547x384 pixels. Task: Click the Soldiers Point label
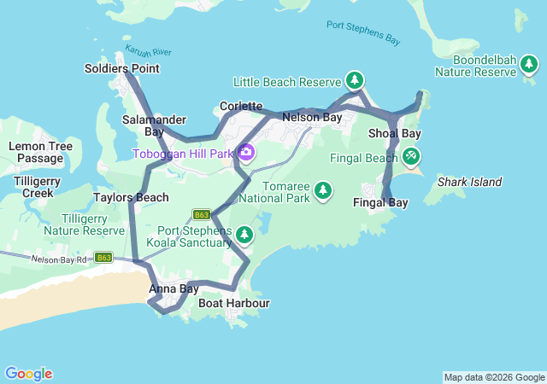[122, 68]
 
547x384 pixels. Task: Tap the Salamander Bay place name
[143, 125]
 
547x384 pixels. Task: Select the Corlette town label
[240, 106]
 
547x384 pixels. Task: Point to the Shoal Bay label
[394, 134]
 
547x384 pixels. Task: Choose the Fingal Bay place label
[380, 202]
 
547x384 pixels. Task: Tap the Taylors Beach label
[131, 197]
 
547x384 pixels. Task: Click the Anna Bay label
[174, 288]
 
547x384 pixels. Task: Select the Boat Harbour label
[233, 303]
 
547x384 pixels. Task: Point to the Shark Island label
[469, 182]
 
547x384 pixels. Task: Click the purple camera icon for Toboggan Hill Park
[246, 153]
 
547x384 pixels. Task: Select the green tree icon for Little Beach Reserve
[354, 81]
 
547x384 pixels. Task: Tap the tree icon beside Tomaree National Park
[323, 189]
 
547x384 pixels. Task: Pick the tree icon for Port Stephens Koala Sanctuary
[244, 234]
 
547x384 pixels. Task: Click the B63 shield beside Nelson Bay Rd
[103, 257]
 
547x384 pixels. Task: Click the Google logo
[29, 374]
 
